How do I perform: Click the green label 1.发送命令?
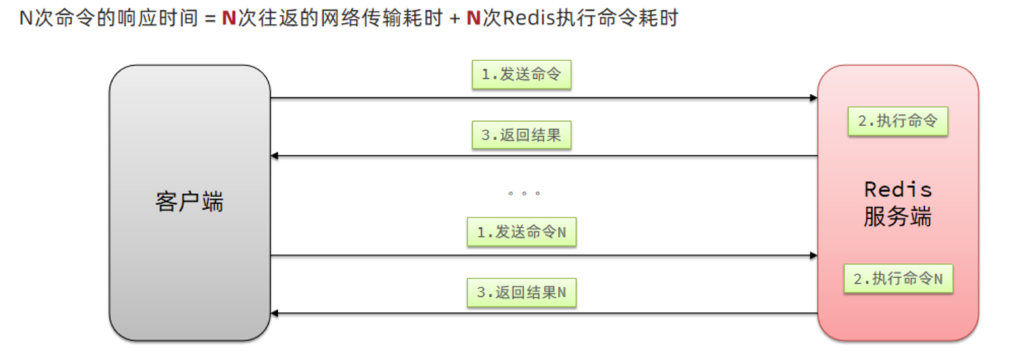pyautogui.click(x=521, y=75)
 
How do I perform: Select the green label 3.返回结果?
pyautogui.click(x=521, y=135)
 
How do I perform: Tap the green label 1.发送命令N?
pyautogui.click(x=521, y=232)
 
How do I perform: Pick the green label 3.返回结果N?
pyautogui.click(x=521, y=292)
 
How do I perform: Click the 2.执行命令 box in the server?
pyautogui.click(x=897, y=121)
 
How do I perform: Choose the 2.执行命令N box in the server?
pyautogui.click(x=897, y=279)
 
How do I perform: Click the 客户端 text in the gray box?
pyautogui.click(x=189, y=202)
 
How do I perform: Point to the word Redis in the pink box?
pyautogui.click(x=897, y=189)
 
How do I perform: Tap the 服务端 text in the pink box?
pyautogui.click(x=897, y=217)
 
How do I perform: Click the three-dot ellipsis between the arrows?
pyautogui.click(x=524, y=193)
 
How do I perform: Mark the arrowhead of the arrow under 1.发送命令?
pyautogui.click(x=813, y=98)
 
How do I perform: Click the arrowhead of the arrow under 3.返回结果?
pyautogui.click(x=275, y=156)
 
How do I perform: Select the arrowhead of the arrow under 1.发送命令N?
pyautogui.click(x=813, y=255)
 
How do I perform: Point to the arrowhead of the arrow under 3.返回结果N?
pyautogui.click(x=275, y=313)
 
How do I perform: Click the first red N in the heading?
pyautogui.click(x=229, y=18)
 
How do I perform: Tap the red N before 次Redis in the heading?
pyautogui.click(x=473, y=18)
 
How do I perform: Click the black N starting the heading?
pyautogui.click(x=26, y=18)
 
